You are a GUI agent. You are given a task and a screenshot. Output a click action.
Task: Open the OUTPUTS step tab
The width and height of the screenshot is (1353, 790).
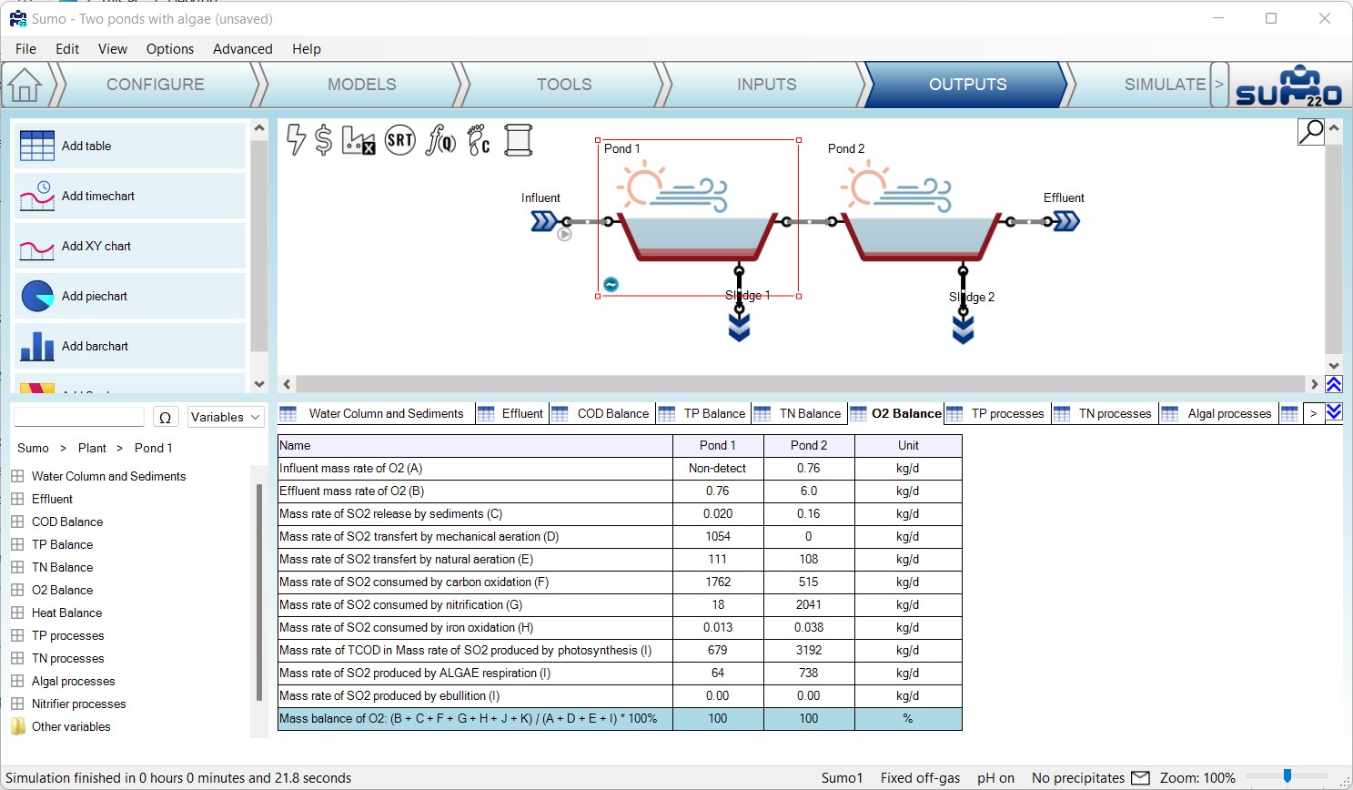point(967,85)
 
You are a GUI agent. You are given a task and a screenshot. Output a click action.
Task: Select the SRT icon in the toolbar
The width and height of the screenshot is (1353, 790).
point(399,140)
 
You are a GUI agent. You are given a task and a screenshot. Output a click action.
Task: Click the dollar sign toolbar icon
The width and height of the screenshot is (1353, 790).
point(324,140)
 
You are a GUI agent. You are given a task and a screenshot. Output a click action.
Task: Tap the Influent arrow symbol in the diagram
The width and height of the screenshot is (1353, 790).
point(543,221)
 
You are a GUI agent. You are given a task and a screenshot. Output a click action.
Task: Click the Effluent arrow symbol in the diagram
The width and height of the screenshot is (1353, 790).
point(1066,221)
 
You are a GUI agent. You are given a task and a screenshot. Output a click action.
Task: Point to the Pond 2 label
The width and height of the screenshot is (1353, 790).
point(845,148)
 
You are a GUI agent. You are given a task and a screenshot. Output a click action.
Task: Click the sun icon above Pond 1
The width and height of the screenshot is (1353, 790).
point(641,184)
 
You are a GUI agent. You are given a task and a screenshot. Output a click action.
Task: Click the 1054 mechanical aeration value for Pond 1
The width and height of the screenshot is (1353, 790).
point(718,536)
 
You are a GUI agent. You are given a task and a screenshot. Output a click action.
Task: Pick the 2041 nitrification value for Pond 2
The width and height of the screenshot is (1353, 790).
point(808,604)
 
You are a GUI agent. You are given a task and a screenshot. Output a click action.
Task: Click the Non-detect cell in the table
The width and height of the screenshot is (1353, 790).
point(718,468)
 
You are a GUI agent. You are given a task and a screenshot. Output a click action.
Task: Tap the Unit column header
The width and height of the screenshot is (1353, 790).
point(908,445)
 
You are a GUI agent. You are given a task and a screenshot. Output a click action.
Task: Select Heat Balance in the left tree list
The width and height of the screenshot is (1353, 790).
point(66,613)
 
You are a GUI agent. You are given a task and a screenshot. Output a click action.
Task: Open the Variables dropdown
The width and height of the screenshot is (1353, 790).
point(226,417)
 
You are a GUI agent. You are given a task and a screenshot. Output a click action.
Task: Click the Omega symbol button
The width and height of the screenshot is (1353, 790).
point(165,417)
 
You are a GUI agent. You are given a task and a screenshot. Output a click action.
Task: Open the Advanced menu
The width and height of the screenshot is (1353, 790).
point(242,49)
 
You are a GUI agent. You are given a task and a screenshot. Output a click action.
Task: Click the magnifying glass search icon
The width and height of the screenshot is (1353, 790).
point(1311,132)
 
